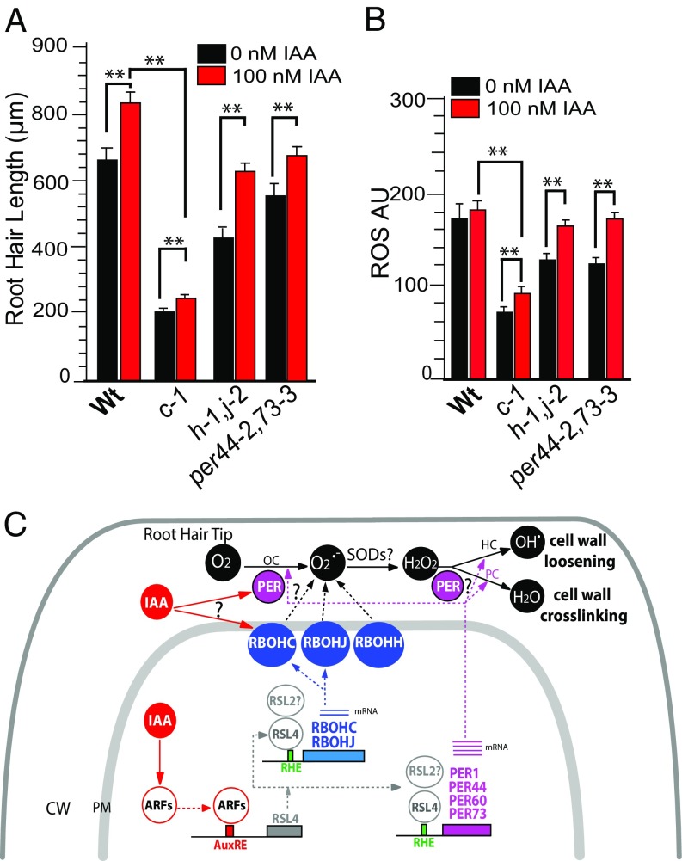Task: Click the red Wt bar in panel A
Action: pos(130,241)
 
